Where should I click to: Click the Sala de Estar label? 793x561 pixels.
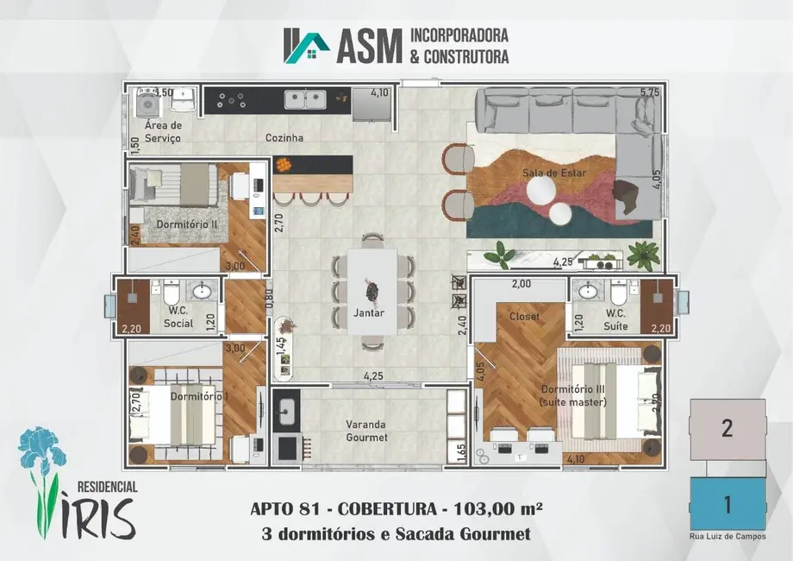click(x=553, y=173)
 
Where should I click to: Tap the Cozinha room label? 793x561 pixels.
click(x=285, y=138)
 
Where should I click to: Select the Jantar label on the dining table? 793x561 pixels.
click(x=368, y=313)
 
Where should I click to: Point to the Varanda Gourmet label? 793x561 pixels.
click(x=367, y=431)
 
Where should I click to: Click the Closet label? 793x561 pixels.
click(x=524, y=316)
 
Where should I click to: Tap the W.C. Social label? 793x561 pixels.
click(x=178, y=318)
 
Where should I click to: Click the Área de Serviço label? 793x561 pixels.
click(x=163, y=131)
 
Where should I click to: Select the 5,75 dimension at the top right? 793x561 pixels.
click(x=650, y=92)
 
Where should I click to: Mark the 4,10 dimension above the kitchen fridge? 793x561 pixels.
click(x=379, y=92)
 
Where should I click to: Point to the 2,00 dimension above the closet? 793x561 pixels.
click(x=521, y=284)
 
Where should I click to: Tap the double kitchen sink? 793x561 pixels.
click(x=305, y=99)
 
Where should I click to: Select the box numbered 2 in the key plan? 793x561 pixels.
click(x=727, y=429)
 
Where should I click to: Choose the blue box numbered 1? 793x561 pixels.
click(x=727, y=503)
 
